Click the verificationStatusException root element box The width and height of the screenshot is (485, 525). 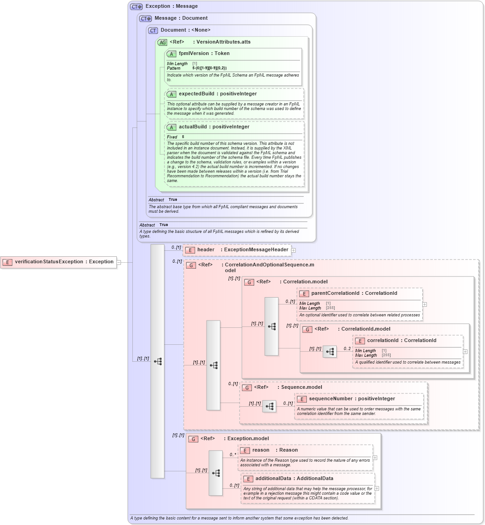[x=59, y=262]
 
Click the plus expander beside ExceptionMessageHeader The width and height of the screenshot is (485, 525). [x=294, y=250]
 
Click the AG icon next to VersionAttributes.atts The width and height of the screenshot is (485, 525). [x=162, y=42]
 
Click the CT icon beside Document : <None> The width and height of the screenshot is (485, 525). [x=153, y=30]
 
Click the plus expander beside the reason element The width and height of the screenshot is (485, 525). [x=375, y=458]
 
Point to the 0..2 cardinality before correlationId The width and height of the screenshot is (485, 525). [x=348, y=348]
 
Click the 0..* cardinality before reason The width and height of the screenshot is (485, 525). [x=233, y=455]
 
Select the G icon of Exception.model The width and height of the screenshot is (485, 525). [x=193, y=439]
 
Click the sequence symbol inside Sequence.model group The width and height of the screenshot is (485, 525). [x=269, y=406]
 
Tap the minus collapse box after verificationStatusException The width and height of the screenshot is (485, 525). [x=119, y=262]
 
